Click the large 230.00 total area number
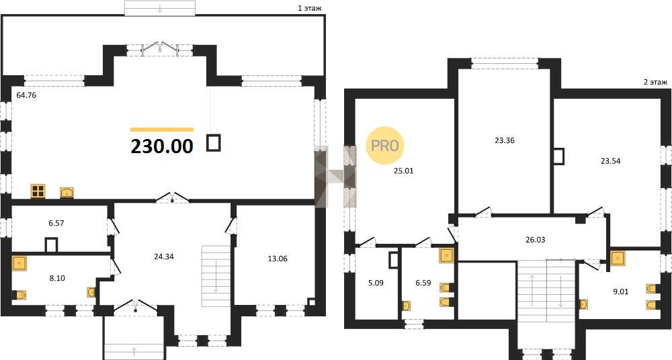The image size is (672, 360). coord(162,146)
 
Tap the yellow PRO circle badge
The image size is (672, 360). coord(384,146)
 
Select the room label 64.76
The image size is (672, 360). coord(26,95)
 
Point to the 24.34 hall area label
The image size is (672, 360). coord(164,257)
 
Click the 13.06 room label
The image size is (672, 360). coord(277,259)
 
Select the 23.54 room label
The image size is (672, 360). coord(610,161)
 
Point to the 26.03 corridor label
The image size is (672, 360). coord(535,240)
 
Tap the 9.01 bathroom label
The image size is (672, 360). coord(620,293)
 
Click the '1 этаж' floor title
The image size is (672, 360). coord(309,7)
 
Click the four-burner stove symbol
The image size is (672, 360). coord(38,191)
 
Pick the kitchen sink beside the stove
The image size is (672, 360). coord(67,193)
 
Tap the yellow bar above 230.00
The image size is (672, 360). coord(162,130)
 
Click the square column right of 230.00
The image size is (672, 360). coord(214,142)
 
